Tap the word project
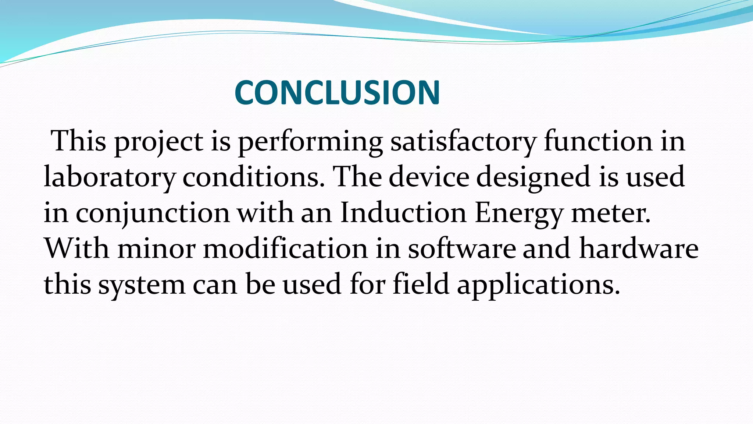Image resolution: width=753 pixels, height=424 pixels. click(158, 142)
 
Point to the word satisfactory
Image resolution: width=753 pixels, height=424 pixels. click(463, 142)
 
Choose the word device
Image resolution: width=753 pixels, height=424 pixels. click(429, 177)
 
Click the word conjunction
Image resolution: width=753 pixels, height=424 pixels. click(153, 213)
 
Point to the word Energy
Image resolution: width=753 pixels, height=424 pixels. click(518, 213)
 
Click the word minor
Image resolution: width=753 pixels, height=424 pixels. click(156, 249)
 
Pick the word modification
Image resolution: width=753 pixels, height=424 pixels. click(285, 248)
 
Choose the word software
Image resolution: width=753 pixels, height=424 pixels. click(462, 248)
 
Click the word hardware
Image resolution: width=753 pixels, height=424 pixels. click(639, 248)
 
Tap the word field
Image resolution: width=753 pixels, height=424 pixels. click(421, 284)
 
